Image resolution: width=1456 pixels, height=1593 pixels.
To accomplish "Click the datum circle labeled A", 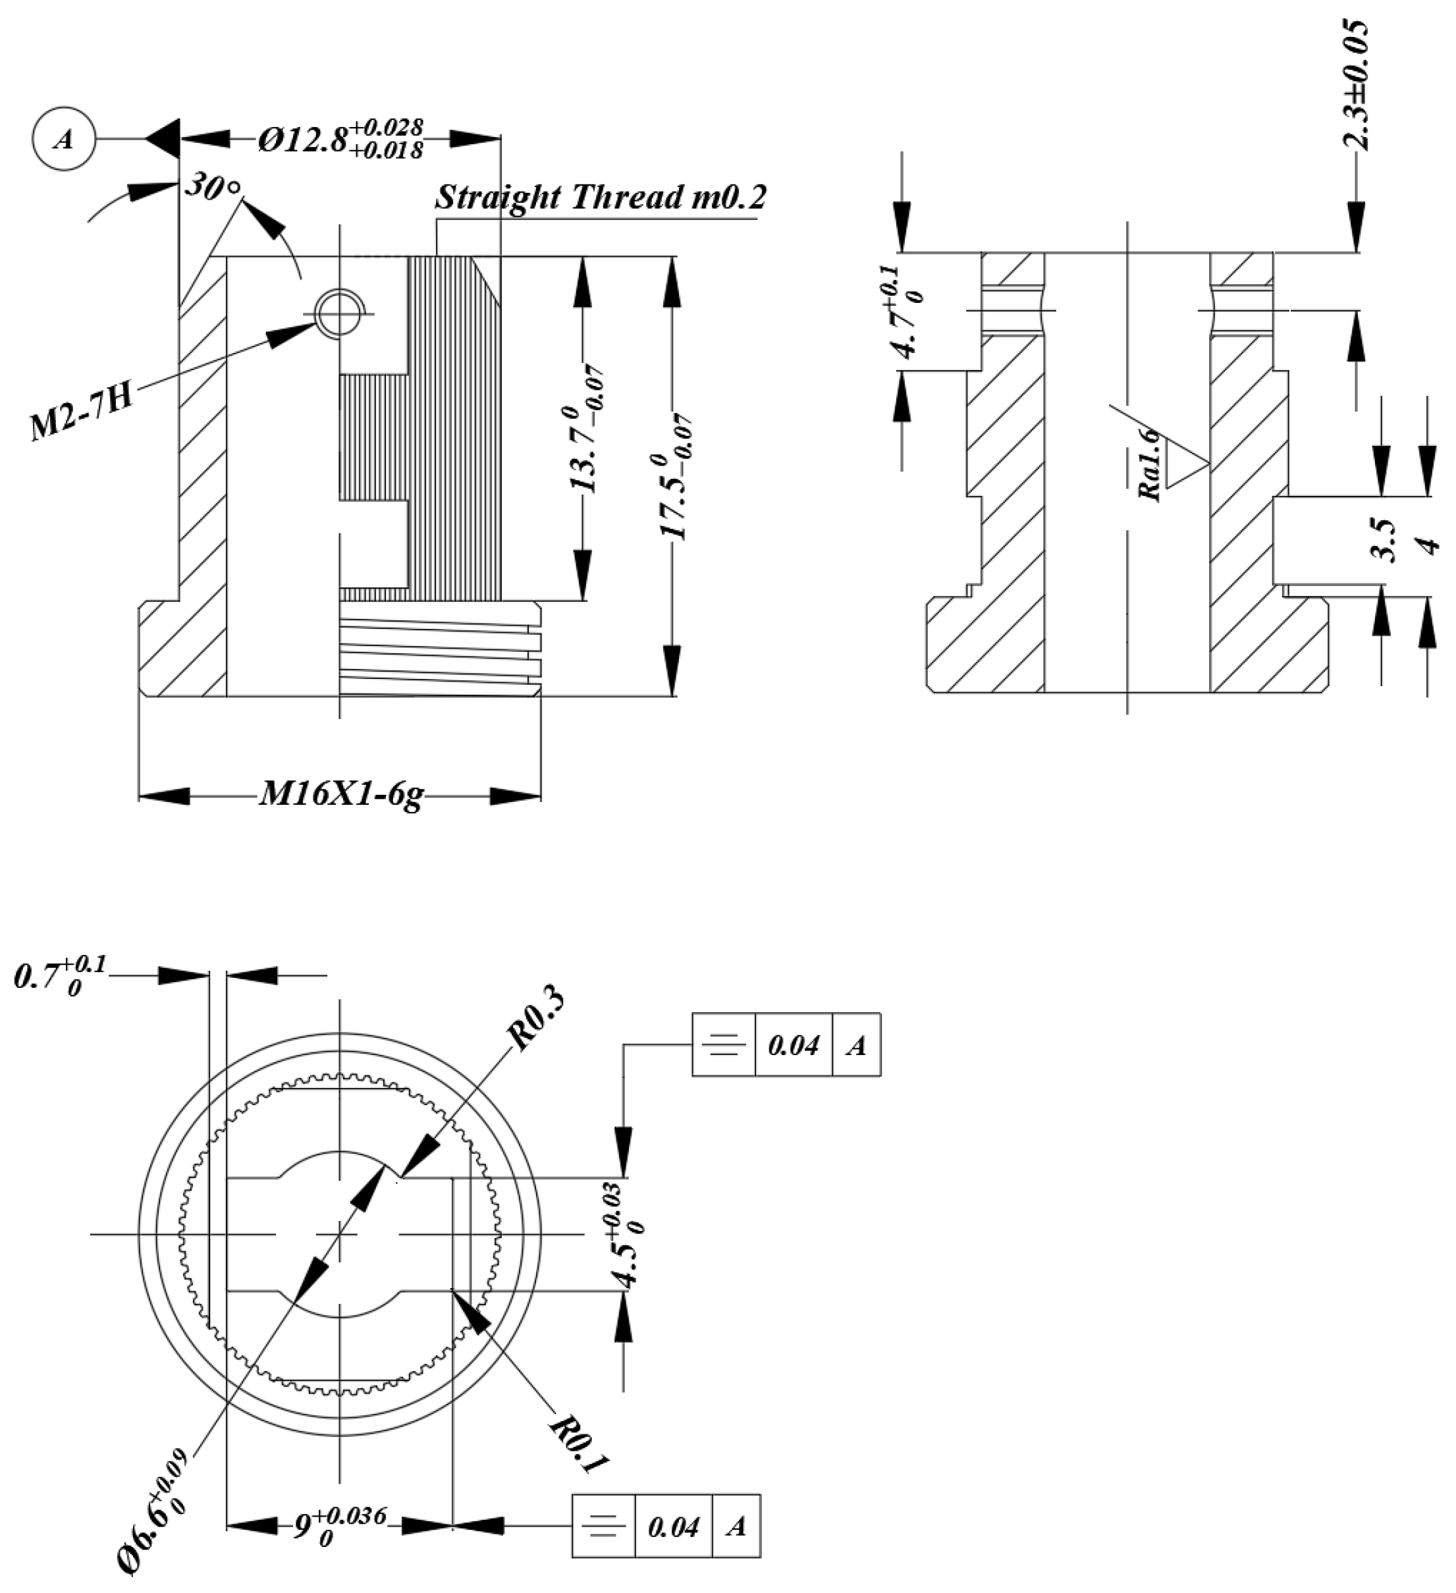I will [x=63, y=140].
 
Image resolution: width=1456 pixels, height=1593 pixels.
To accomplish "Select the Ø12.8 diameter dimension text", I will [x=340, y=139].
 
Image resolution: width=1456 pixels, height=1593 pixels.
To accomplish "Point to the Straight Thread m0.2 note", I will [x=601, y=198].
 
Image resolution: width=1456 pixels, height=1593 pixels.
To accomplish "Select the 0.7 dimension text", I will [x=59, y=976].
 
